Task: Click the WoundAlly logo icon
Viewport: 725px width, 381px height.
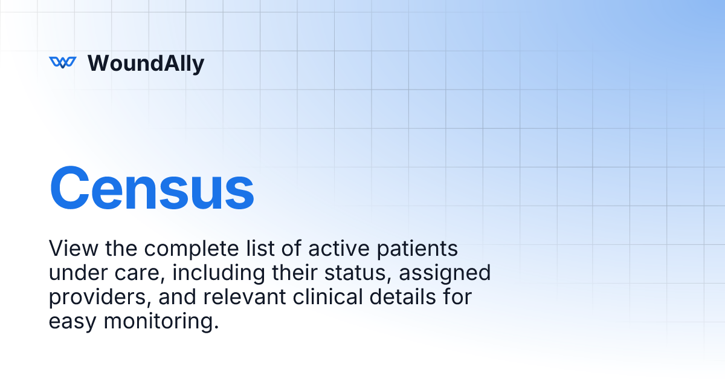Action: point(63,62)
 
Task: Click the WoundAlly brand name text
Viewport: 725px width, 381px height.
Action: point(146,63)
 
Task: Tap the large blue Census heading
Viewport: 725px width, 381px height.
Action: point(151,189)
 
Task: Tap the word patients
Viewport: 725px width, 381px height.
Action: point(416,249)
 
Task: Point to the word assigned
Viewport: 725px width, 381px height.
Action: point(446,273)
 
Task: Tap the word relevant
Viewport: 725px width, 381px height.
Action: point(248,297)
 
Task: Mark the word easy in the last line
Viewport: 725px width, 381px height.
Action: point(73,322)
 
